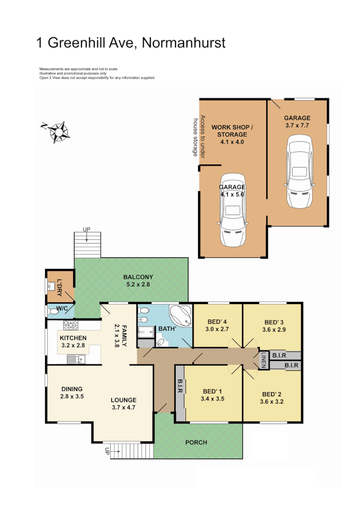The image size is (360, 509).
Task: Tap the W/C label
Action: pos(62,309)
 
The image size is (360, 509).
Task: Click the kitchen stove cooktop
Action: pos(71,326)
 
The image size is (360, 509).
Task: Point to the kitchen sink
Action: pos(76,358)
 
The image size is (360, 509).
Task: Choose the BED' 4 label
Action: pos(216,322)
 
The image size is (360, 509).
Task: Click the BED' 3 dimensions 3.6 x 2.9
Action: pos(274,330)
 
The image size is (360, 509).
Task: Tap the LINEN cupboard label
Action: pos(263,360)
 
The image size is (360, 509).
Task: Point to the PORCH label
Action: pos(196,442)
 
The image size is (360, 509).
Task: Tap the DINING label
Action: pos(72,389)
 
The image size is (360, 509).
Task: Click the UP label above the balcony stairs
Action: pos(87,229)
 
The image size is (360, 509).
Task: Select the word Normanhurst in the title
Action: pos(184,43)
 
